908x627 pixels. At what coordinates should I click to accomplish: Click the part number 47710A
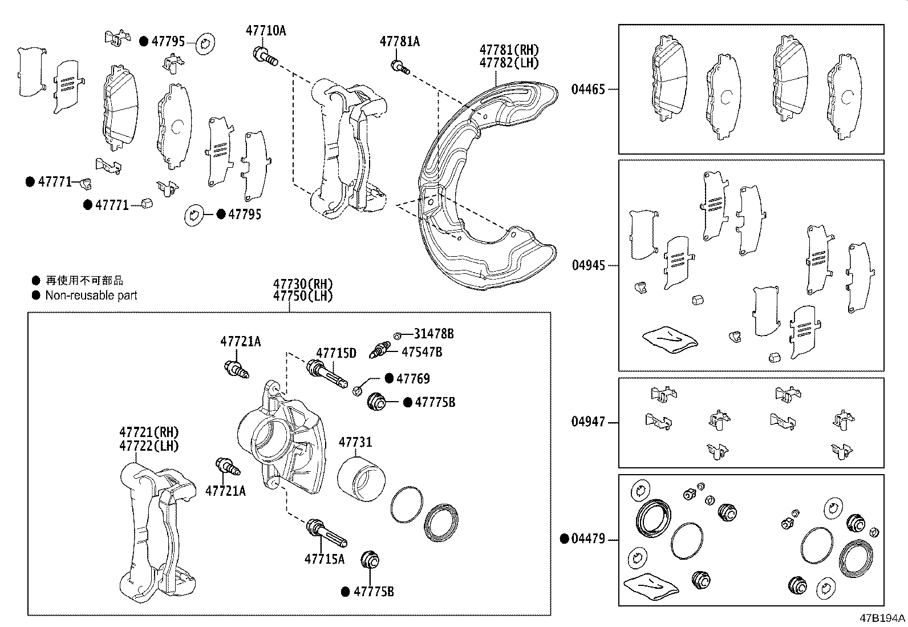(266, 30)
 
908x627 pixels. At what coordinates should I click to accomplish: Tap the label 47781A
(399, 41)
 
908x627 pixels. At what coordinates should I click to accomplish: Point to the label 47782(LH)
(509, 63)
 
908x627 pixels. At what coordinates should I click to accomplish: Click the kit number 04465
(588, 89)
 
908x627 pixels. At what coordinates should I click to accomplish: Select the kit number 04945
(588, 265)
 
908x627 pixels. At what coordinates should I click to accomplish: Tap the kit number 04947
(588, 422)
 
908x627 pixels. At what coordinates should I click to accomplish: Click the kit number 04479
(588, 538)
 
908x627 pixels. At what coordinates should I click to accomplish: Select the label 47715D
(336, 353)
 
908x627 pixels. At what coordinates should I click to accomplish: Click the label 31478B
(433, 334)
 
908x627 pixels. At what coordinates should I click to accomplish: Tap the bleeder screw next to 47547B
(380, 349)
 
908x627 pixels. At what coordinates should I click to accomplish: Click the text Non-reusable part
(91, 296)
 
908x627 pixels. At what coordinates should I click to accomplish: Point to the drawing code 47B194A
(882, 618)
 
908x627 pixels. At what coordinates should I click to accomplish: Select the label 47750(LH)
(302, 296)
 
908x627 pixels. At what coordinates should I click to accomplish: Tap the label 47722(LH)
(149, 446)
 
